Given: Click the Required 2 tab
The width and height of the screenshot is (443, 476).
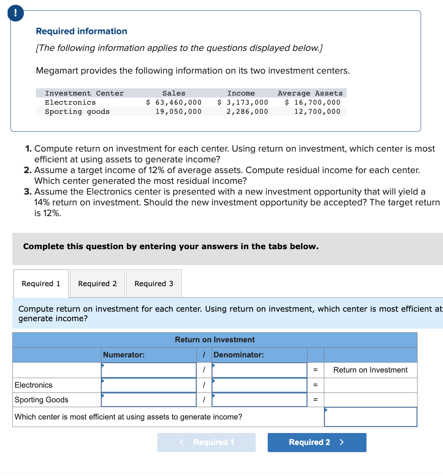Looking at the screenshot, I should pos(98,283).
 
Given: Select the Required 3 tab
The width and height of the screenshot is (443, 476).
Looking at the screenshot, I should pos(154,283).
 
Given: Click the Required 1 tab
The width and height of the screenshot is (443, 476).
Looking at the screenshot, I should pos(41,283).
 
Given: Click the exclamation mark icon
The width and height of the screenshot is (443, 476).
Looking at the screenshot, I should pos(16,13).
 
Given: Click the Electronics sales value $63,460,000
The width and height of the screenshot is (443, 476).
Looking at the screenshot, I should pos(174,102).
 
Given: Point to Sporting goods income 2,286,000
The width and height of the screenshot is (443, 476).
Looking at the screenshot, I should pos(247,111).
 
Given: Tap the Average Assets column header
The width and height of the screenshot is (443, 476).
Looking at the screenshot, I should pos(310,93).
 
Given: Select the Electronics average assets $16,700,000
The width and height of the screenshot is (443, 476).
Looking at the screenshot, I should pos(313,102).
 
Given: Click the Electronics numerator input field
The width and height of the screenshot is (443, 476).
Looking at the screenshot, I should pos(149,385).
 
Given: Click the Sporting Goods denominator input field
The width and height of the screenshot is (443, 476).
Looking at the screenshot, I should pos(259,400).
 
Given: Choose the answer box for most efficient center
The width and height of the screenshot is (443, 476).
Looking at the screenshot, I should pos(370,417).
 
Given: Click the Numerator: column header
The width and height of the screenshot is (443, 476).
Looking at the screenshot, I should pos(124,355).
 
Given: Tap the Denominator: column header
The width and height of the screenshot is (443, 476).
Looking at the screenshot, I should pos(239,355).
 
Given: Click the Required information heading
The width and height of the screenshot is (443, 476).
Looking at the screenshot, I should pos(82,31).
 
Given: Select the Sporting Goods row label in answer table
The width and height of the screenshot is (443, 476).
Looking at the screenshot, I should pos(41,400).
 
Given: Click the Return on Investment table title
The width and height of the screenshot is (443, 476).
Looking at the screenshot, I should pos(215,339).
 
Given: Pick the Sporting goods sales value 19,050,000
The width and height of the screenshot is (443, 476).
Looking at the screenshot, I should pos(178,111).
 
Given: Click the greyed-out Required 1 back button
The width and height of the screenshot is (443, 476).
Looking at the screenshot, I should pos(206,442).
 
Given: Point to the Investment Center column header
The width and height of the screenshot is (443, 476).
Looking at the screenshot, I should pos(84,93).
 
